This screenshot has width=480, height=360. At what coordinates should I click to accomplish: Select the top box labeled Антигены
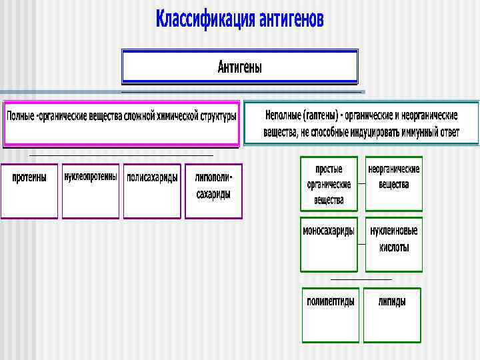click(x=239, y=67)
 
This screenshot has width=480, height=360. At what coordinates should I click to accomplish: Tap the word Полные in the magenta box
click(x=20, y=117)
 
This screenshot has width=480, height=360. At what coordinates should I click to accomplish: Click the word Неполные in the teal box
click(x=283, y=115)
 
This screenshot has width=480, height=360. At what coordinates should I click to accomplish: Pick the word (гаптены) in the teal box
click(x=322, y=115)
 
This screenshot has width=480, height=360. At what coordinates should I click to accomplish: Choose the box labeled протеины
click(x=29, y=191)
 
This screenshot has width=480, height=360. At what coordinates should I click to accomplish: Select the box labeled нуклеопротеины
click(x=91, y=191)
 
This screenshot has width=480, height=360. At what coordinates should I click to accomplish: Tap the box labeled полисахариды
click(x=152, y=191)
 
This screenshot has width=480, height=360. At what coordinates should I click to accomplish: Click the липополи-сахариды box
click(x=213, y=191)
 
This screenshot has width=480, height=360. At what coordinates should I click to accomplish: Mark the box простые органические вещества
click(x=329, y=184)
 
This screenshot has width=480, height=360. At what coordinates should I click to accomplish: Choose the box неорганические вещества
click(x=394, y=184)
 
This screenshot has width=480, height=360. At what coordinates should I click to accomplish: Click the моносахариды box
click(x=329, y=244)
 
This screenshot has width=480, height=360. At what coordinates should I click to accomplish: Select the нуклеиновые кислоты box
click(x=394, y=244)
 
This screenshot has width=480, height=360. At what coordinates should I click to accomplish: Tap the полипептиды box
click(x=331, y=315)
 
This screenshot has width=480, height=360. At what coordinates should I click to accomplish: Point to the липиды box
click(x=392, y=315)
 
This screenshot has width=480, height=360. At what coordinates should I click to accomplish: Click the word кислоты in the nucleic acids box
click(x=394, y=247)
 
